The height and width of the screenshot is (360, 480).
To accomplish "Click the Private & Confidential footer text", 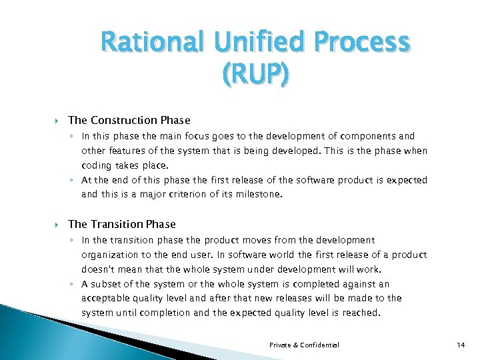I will click(304, 345).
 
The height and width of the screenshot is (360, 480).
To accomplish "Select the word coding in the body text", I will click(96, 165).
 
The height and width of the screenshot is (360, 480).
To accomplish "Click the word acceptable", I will click(107, 298).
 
